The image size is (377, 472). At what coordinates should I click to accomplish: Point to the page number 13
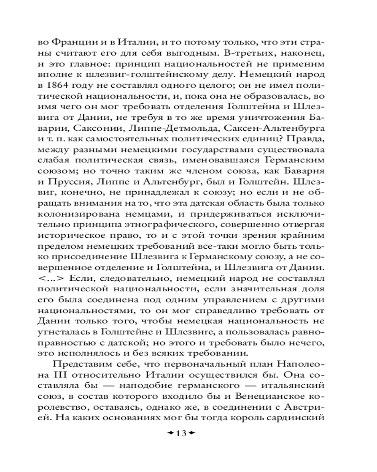(x=181, y=433)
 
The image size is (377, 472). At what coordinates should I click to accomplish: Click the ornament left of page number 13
(x=169, y=433)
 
